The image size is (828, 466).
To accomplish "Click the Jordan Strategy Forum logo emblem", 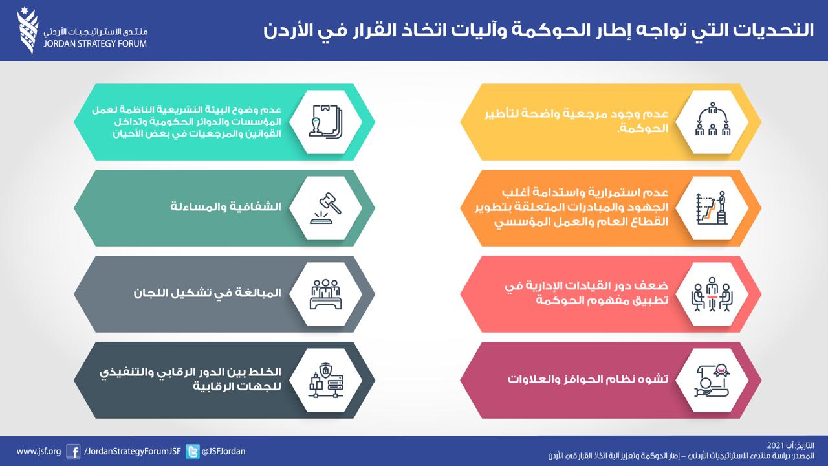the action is (27, 32).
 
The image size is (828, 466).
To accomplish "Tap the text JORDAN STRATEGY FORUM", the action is (95, 43).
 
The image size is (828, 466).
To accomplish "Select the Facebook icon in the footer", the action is (73, 452).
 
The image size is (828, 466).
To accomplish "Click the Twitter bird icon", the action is (192, 452).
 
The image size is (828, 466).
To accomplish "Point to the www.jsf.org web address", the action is (39, 452).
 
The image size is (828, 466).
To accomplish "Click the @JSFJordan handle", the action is (223, 452).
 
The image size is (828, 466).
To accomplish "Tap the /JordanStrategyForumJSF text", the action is (133, 452).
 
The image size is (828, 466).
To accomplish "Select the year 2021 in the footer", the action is (775, 446).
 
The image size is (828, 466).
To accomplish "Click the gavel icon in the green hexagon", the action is (325, 208).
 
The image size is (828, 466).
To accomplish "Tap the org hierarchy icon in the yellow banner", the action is (712, 119).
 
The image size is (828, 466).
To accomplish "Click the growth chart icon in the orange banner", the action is (712, 208).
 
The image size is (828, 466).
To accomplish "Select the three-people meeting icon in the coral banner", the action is (712, 294).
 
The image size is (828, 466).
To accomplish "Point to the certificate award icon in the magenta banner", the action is (712, 381).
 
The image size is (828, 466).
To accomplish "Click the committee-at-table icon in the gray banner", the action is (325, 294).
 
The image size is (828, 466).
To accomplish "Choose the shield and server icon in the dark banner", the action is (325, 381).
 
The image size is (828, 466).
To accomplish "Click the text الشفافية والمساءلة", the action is (226, 206).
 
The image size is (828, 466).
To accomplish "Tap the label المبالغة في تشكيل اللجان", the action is (208, 293).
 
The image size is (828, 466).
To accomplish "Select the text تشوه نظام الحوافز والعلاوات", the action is (588, 379).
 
